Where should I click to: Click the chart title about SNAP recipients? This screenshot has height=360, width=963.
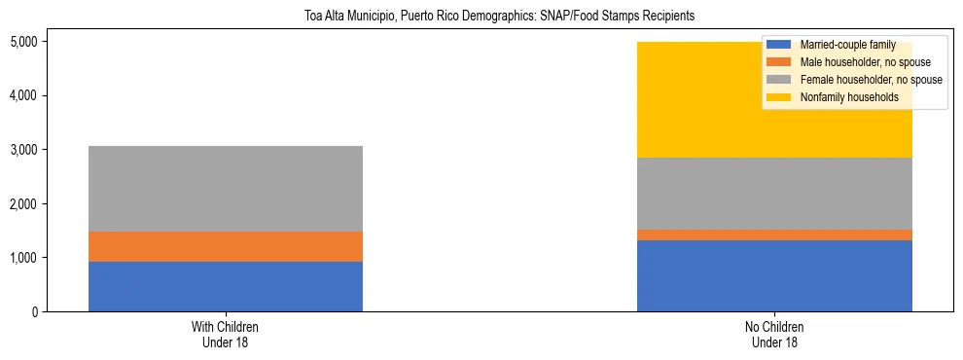481,17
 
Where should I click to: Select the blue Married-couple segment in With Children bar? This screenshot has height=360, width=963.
225,286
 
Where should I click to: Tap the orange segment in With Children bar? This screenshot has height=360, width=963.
225,246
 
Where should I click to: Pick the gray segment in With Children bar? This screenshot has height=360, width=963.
225,189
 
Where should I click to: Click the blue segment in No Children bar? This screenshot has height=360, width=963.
774,275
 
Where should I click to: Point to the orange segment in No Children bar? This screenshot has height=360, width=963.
774,234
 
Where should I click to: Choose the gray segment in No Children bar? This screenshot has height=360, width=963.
774,194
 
